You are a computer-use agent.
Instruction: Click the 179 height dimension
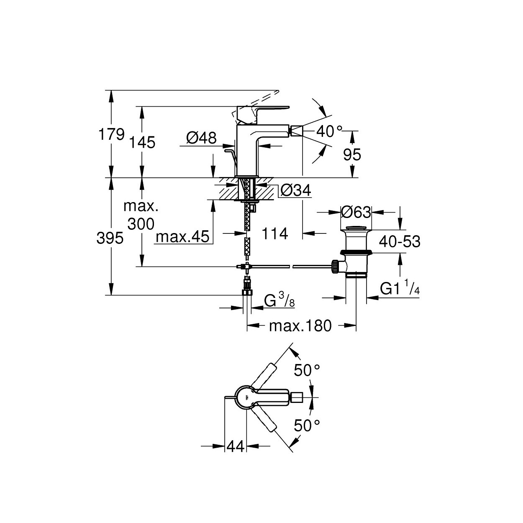112,134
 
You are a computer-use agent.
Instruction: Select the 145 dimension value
142,142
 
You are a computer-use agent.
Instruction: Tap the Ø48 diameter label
201,138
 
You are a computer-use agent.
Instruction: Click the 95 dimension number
352,155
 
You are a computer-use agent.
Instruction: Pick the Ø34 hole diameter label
296,190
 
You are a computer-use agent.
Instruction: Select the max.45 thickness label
183,236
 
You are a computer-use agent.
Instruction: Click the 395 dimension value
110,238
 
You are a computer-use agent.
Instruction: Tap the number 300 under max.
141,224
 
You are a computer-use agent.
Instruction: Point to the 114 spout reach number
274,234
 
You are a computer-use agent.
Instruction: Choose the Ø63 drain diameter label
356,212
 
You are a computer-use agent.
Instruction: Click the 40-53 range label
400,241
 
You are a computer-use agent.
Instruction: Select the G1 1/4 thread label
400,289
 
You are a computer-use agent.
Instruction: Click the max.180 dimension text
300,326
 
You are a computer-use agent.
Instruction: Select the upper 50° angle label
307,370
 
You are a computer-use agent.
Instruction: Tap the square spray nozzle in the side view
297,131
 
